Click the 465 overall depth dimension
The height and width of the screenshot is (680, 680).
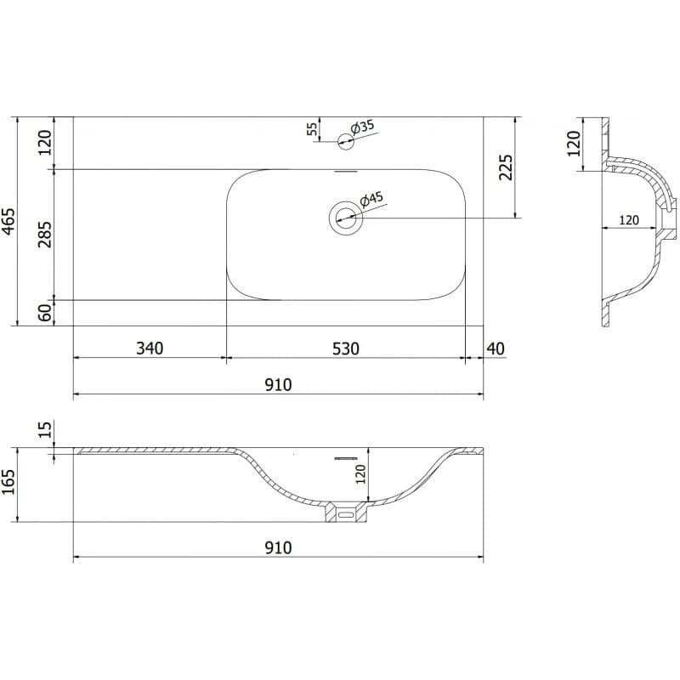(x=8, y=222)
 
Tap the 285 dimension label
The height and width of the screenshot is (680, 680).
(x=45, y=235)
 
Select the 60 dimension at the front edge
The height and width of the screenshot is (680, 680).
(x=45, y=313)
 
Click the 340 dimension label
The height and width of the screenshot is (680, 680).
(x=150, y=348)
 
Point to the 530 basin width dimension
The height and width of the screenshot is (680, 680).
(x=346, y=348)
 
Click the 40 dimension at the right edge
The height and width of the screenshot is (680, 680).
(x=496, y=348)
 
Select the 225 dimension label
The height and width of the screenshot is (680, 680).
(x=506, y=167)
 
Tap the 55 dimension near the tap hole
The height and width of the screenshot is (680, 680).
(x=312, y=129)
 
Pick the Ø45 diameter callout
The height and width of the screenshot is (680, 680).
(x=371, y=200)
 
